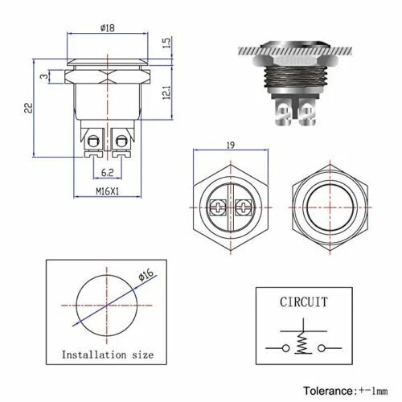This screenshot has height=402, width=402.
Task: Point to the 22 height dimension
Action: point(27,108)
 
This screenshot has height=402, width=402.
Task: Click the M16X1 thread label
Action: point(106,192)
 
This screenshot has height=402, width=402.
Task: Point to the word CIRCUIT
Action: point(304,302)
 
